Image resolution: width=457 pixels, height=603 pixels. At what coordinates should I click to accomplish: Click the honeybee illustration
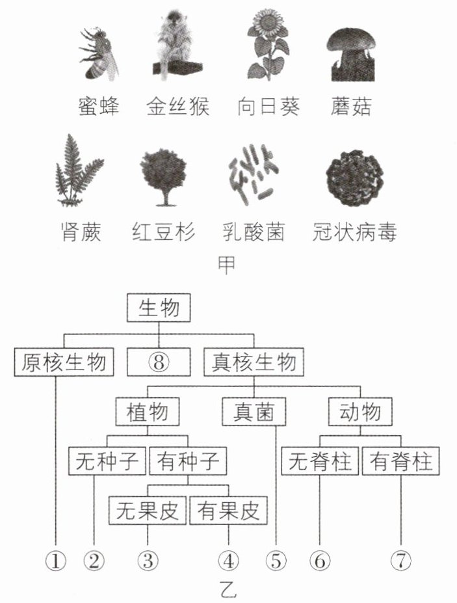point(99,54)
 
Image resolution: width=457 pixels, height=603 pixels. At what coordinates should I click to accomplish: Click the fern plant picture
point(78,170)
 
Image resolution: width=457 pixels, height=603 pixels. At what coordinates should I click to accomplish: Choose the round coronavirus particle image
point(354,178)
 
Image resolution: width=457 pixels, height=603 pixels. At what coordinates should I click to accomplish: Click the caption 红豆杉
point(164,232)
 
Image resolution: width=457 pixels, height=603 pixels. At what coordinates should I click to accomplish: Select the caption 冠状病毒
point(354,232)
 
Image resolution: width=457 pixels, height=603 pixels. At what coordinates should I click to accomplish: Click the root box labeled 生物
point(159,308)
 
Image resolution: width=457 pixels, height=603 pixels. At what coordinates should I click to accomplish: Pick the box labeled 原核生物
point(64,362)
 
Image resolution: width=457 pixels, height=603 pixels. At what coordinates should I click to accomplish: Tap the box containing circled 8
point(159,362)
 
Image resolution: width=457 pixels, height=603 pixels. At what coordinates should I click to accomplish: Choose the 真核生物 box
point(254,362)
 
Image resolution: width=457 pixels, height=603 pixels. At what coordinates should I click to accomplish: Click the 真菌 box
point(254,412)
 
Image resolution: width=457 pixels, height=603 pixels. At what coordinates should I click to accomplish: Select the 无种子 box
point(107,461)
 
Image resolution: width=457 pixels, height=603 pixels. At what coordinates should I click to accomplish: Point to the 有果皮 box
point(229,511)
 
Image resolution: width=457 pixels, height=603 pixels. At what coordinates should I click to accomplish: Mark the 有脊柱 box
point(401,461)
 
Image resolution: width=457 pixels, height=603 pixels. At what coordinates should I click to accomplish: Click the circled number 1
point(56,561)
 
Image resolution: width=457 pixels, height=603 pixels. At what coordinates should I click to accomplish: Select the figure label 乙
point(228,590)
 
